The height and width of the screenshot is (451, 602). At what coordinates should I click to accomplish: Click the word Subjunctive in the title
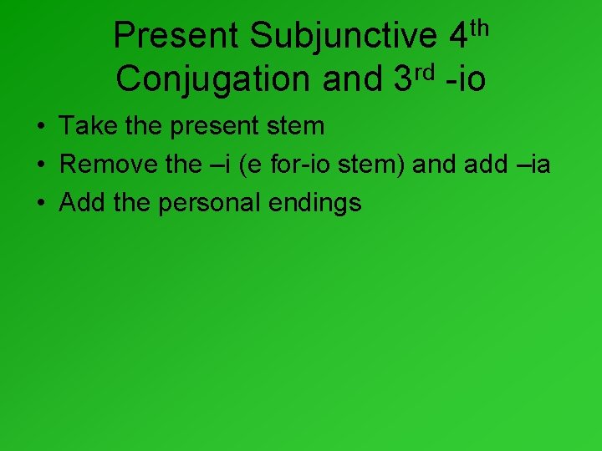click(x=344, y=36)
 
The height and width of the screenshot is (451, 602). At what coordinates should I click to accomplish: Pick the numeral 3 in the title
click(x=401, y=79)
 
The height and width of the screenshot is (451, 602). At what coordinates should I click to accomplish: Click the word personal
click(x=221, y=203)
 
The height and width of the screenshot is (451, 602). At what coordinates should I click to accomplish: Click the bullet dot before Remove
click(x=39, y=165)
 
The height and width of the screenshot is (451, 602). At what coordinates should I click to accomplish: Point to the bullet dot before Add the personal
click(x=39, y=204)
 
